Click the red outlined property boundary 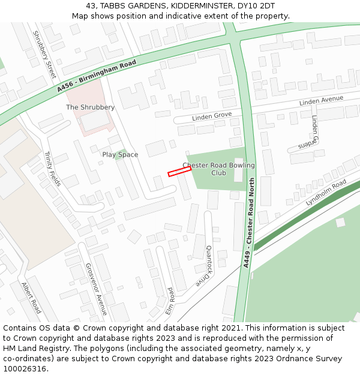click(179, 172)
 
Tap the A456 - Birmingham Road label click(97, 76)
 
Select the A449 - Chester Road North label click(249, 223)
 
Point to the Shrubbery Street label click(44, 55)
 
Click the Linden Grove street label click(212, 116)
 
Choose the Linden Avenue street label click(321, 101)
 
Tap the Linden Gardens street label click(308, 136)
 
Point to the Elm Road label click(170, 301)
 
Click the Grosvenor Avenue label click(96, 289)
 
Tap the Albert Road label click(32, 298)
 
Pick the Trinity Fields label click(52, 169)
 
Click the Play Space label click(120, 155)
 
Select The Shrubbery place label click(90, 107)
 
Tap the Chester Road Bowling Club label click(218, 169)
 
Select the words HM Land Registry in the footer click(31, 349)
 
